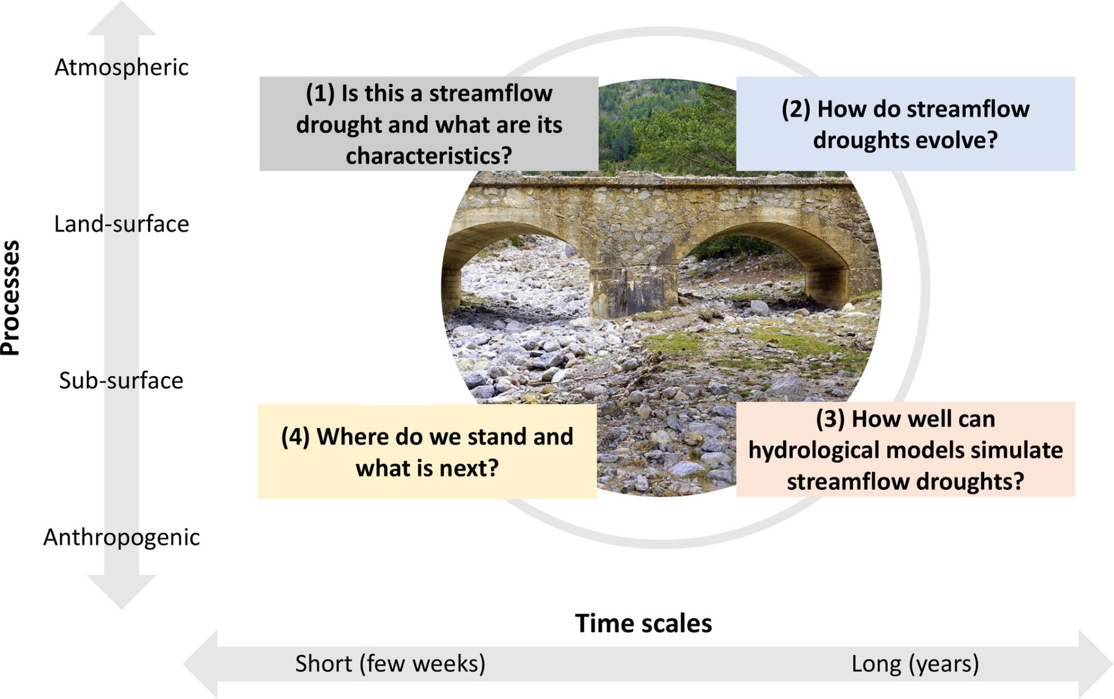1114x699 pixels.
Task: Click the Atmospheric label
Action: (121, 68)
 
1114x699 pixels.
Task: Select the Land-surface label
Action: (121, 224)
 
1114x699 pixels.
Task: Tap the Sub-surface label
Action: (121, 381)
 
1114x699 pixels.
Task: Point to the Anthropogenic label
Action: (121, 538)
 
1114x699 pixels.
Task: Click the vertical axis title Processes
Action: (11, 298)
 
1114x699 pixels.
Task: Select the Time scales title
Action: (643, 623)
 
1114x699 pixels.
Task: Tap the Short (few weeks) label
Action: (390, 664)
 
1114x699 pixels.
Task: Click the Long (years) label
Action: (915, 664)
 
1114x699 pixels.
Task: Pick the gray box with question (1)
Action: (429, 124)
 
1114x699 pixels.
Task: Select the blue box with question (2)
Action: (906, 124)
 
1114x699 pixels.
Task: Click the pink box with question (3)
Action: (906, 450)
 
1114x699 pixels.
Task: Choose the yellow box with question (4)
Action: (427, 451)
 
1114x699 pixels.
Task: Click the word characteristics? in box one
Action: (429, 156)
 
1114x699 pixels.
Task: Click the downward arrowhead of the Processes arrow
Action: (121, 592)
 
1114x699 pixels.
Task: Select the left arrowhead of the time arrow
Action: (201, 664)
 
